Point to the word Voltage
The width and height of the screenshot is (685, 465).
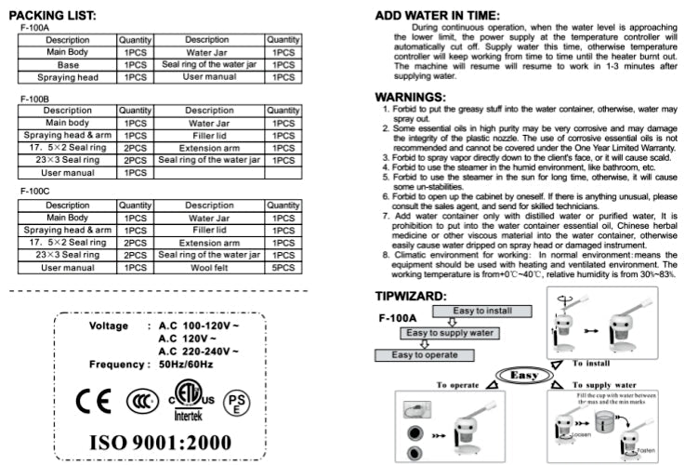(115, 326)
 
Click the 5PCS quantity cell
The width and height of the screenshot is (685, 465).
(283, 268)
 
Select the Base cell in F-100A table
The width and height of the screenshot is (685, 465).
(68, 65)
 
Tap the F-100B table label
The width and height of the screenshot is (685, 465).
(34, 98)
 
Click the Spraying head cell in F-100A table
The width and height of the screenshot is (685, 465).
(68, 77)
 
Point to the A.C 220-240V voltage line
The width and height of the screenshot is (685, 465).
(198, 352)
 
